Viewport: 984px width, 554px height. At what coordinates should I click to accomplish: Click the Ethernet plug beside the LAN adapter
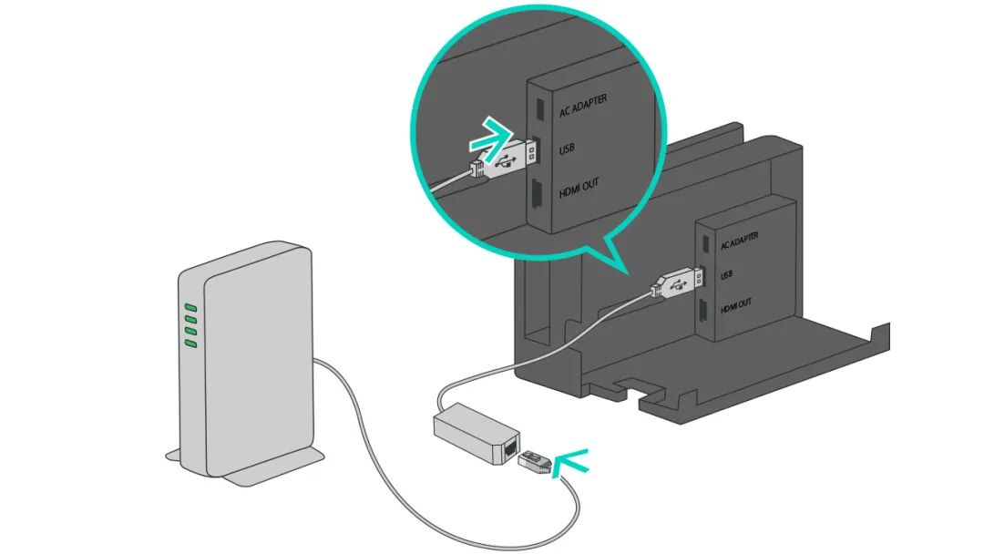point(535,462)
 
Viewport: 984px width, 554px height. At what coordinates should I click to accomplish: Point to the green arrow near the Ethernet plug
point(572,461)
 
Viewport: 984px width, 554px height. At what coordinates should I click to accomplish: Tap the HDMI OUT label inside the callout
point(579,188)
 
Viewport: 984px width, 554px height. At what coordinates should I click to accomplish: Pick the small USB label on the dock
point(727,274)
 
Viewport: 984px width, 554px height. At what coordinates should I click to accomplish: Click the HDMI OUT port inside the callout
point(537,193)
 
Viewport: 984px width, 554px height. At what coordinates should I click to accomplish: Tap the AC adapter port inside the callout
point(538,106)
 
